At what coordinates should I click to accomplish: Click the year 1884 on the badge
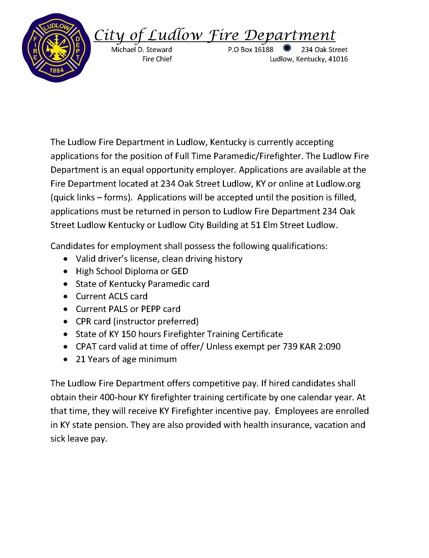[57, 70]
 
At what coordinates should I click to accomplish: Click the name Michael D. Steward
[141, 49]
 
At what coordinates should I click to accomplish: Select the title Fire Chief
[157, 59]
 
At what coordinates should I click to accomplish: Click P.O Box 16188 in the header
[251, 49]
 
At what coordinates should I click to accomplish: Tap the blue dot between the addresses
[287, 48]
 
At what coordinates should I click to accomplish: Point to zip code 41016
[338, 59]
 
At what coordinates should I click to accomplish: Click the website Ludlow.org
[338, 184]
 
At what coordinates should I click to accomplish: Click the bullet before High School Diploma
[66, 272]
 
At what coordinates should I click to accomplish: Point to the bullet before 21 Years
[66, 360]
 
